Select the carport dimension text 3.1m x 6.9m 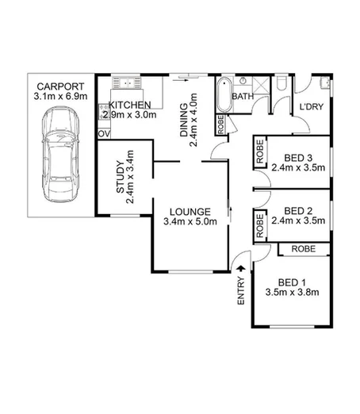53,98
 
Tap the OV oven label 103,134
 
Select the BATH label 242,97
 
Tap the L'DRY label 309,109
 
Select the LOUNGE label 189,212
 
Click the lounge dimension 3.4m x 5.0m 189,223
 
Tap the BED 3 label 297,156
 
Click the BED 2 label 297,211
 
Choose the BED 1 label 292,282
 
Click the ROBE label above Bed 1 303,249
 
